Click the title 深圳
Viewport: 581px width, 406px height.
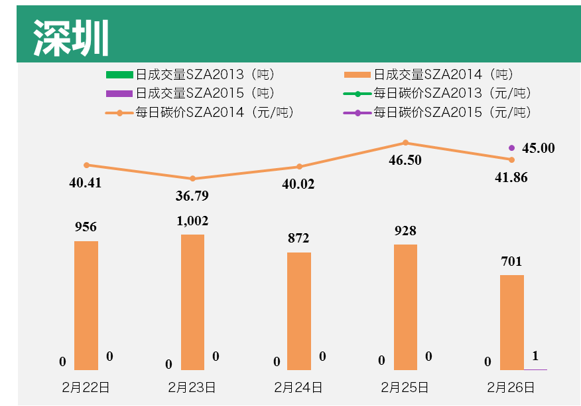pyautogui.click(x=71, y=38)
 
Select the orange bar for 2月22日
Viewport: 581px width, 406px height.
pyautogui.click(x=86, y=305)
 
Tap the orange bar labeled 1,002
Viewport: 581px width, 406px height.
pyautogui.click(x=192, y=302)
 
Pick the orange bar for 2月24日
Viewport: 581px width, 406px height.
pyautogui.click(x=299, y=311)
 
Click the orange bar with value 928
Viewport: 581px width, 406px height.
pyautogui.click(x=405, y=307)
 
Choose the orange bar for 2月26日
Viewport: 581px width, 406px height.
pyautogui.click(x=511, y=322)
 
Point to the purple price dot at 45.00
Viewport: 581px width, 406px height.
pyautogui.click(x=511, y=148)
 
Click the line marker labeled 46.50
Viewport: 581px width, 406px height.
pyautogui.click(x=405, y=143)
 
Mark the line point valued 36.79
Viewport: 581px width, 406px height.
pyautogui.click(x=192, y=179)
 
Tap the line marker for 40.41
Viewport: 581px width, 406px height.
pyautogui.click(x=86, y=165)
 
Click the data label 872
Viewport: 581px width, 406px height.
pyautogui.click(x=298, y=238)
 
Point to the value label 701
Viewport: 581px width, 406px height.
pyautogui.click(x=511, y=261)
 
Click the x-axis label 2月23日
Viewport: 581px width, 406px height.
pyautogui.click(x=192, y=387)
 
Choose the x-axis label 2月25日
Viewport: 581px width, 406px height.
pyautogui.click(x=405, y=387)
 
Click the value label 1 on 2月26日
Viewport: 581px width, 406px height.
pyautogui.click(x=535, y=355)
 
